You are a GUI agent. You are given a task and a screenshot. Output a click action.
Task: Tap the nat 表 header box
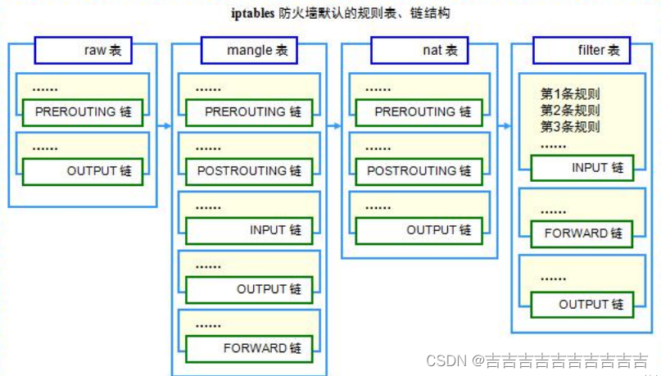tap(419, 51)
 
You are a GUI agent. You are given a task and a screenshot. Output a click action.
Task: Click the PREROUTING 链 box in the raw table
tap(82, 112)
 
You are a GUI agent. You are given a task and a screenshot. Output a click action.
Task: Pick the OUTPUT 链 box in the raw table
tap(82, 171)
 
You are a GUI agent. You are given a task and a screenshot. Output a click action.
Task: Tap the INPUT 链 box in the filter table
tap(582, 168)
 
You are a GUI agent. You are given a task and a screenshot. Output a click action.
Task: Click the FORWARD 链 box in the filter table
tap(582, 233)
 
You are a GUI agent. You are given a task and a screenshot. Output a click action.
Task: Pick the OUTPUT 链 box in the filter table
tap(582, 305)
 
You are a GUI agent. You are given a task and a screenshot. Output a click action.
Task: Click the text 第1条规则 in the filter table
tap(570, 94)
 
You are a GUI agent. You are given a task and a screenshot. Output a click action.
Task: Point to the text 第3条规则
tap(570, 127)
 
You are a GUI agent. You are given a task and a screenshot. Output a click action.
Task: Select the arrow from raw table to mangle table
tap(163, 126)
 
